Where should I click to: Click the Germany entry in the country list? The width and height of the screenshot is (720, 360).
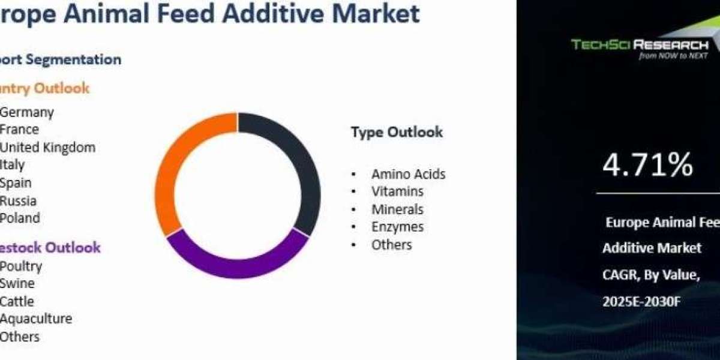point(27,112)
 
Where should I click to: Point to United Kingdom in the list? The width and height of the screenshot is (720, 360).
point(47,147)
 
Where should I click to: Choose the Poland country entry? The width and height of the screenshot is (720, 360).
point(20,218)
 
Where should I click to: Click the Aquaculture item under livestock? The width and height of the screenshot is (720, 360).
point(36,319)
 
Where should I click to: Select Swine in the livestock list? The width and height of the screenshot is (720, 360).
point(17,283)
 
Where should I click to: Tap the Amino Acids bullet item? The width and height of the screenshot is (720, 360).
point(408,174)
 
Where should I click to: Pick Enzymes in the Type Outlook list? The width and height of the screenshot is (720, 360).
point(397,227)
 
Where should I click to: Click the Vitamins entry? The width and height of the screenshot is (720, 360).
point(397,191)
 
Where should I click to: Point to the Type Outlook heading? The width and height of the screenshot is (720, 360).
point(397,132)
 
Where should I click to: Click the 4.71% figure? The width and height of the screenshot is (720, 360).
point(647,164)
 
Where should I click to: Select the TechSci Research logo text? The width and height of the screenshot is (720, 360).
point(640,44)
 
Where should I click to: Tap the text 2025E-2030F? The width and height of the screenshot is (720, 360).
point(641,302)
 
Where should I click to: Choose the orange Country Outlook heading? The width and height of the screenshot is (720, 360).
point(44,88)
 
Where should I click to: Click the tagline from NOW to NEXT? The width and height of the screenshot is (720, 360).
point(673,56)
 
